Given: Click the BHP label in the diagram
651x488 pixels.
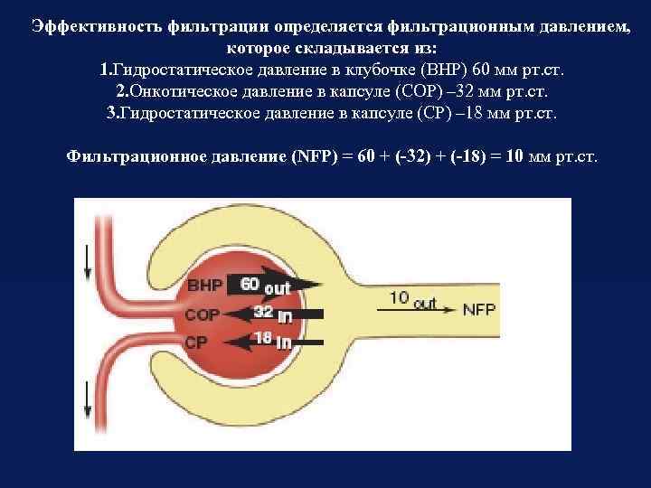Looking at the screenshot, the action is click(x=203, y=286).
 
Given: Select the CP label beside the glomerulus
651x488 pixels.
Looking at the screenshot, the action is click(x=197, y=343).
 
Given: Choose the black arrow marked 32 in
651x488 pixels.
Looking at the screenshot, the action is click(x=272, y=314).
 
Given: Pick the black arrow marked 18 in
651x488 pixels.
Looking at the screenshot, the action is click(x=272, y=342).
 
